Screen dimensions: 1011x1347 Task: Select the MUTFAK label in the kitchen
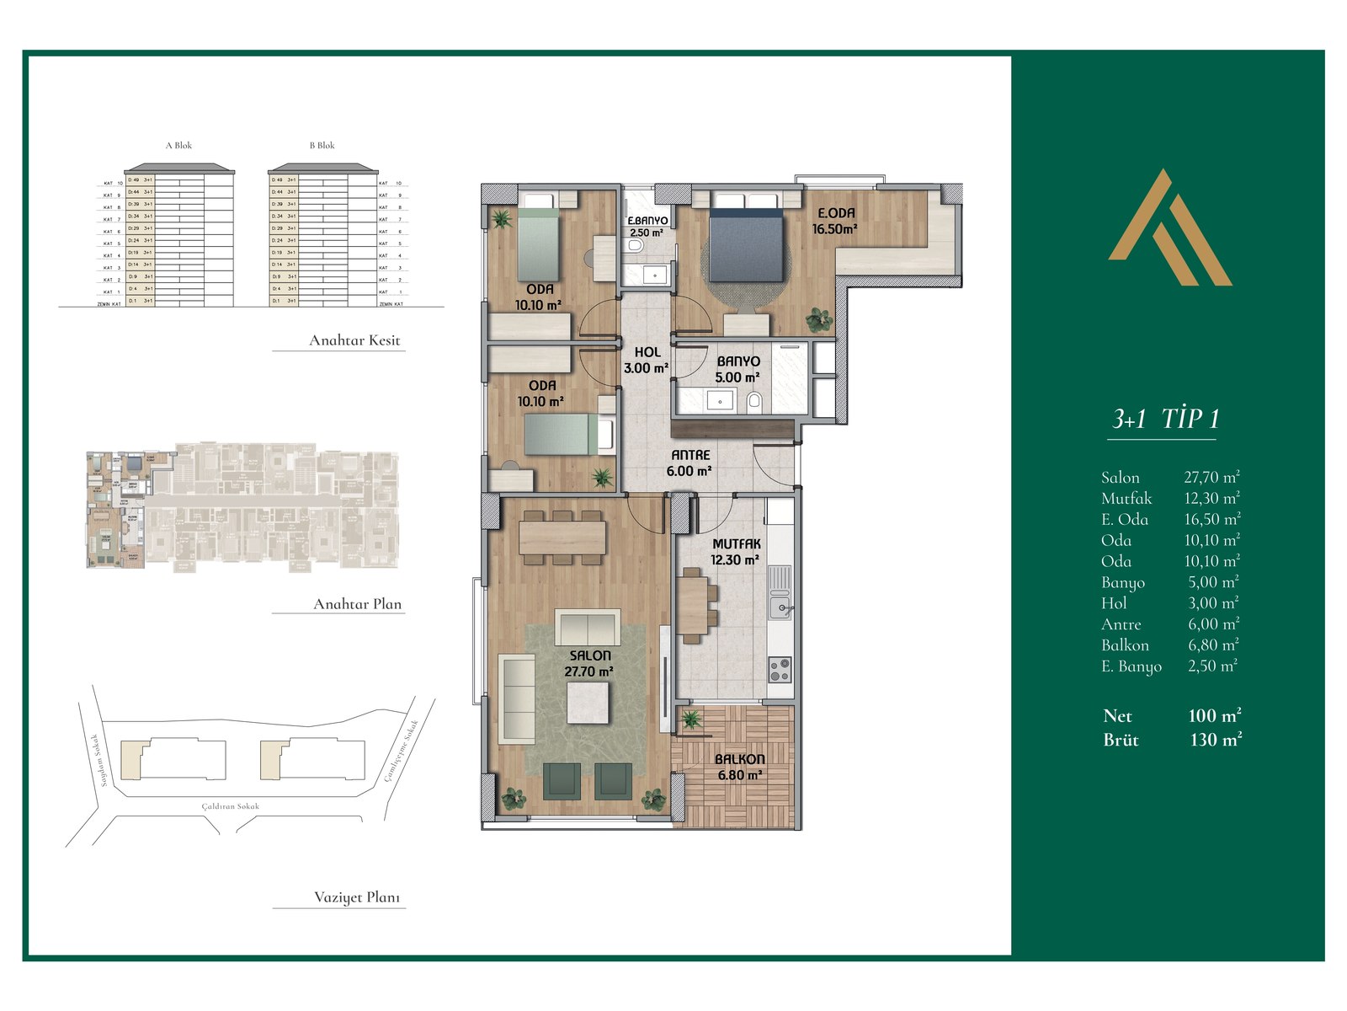[x=736, y=544]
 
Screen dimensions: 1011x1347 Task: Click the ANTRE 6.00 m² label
[x=689, y=463]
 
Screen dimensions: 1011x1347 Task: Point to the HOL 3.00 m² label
[x=647, y=360]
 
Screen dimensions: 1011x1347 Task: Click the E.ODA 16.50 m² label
[x=834, y=221]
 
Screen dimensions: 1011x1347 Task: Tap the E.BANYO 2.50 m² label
[x=647, y=226]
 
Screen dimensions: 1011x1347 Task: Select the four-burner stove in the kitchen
[x=780, y=670]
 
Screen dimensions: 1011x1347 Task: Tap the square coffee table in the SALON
[x=588, y=702]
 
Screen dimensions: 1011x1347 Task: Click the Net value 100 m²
[x=1215, y=716]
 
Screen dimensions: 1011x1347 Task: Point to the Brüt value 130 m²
[x=1216, y=741]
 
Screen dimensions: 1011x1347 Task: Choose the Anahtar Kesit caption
[x=354, y=340]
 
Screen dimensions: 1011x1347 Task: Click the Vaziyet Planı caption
[x=357, y=897]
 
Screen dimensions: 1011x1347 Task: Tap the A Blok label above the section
[x=178, y=146]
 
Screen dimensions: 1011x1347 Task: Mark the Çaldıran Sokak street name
[x=231, y=806]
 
